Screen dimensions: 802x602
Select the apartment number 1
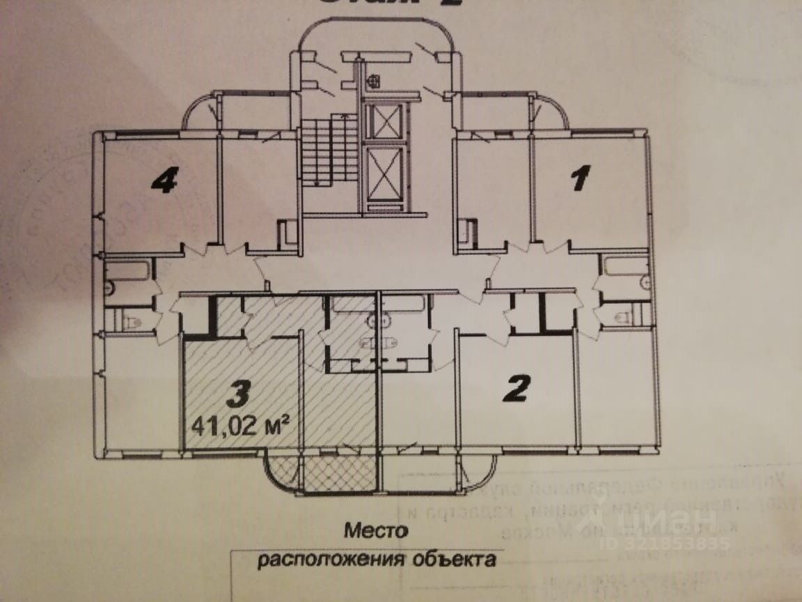580,178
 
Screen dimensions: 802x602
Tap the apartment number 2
516,389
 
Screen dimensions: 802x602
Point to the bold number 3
237,394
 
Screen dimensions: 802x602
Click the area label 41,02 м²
240,425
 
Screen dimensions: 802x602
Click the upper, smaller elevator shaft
384,123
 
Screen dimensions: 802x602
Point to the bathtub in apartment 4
128,270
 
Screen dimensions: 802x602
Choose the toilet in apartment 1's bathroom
623,317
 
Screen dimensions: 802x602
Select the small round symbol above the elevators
374,81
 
